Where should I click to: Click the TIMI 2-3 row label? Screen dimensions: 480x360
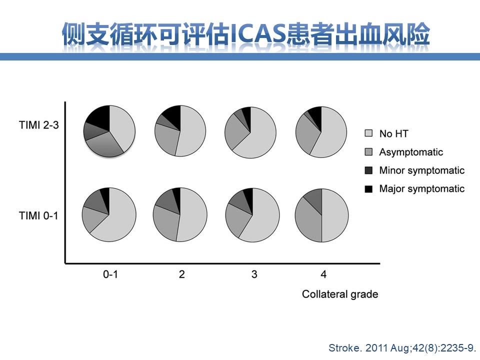click(x=38, y=125)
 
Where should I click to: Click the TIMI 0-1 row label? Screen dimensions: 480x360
click(x=38, y=215)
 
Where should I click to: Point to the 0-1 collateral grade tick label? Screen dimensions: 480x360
click(x=110, y=274)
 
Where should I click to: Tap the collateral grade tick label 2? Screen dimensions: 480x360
click(x=182, y=274)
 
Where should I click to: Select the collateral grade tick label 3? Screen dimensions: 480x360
click(x=254, y=274)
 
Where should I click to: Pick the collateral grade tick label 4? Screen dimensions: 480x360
click(x=323, y=274)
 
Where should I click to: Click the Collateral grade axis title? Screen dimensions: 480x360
click(x=340, y=294)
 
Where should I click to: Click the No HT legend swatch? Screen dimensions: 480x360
click(x=368, y=133)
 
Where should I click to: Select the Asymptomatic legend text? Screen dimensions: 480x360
click(x=411, y=152)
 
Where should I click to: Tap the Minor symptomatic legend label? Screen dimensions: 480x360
click(x=422, y=170)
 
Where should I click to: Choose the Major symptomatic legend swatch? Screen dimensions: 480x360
click(x=368, y=189)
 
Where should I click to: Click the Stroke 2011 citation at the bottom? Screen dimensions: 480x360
click(x=402, y=348)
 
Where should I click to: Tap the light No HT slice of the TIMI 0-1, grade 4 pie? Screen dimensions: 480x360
click(x=335, y=215)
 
